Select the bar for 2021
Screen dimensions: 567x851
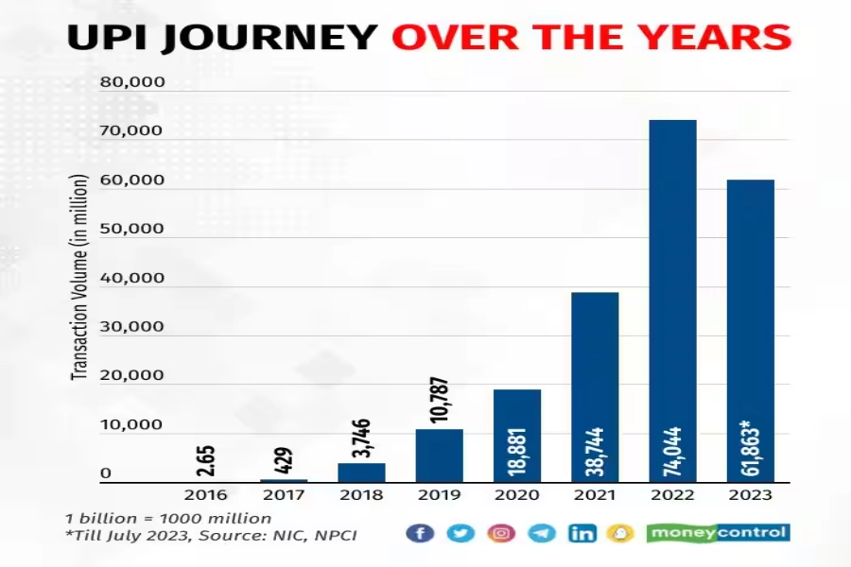click(x=595, y=387)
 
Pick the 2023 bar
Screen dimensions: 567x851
click(x=750, y=331)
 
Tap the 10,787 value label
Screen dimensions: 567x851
click(x=439, y=400)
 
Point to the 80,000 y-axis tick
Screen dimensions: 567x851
click(x=132, y=82)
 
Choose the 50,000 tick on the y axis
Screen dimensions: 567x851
click(x=132, y=230)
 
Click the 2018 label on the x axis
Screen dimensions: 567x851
click(x=361, y=494)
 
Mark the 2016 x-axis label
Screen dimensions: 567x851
click(x=205, y=494)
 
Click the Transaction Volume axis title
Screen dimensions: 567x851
click(x=80, y=278)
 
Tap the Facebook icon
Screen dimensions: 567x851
click(x=420, y=533)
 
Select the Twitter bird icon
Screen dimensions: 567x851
click(x=460, y=533)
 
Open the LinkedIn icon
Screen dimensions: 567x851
click(x=582, y=533)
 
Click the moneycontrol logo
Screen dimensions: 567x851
click(x=718, y=533)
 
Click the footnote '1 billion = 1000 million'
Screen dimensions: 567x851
click(x=168, y=518)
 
